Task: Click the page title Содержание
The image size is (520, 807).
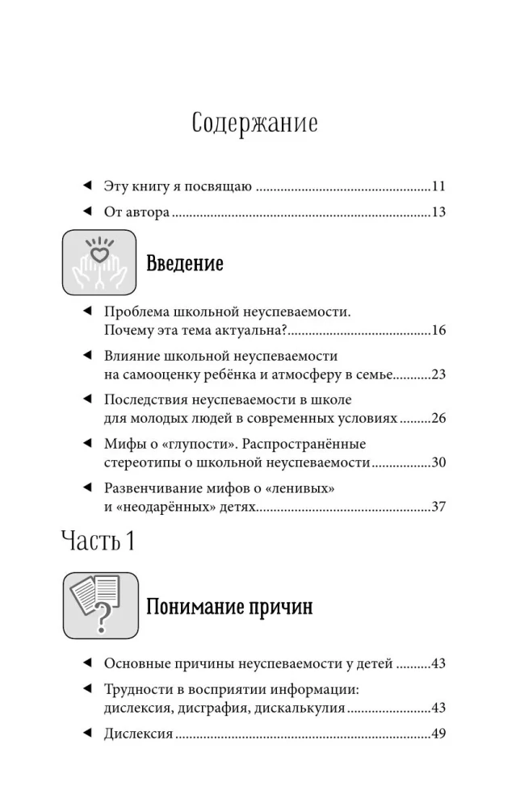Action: (x=255, y=123)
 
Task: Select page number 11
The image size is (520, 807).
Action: (x=438, y=186)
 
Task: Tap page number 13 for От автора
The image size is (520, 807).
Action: (x=438, y=212)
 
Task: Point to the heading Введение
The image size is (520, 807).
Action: (x=184, y=264)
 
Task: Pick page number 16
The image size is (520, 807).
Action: (x=438, y=330)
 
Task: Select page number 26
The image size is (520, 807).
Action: (x=438, y=418)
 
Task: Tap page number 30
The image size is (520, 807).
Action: (x=438, y=462)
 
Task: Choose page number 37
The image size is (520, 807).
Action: (x=438, y=507)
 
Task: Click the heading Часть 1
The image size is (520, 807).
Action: (x=98, y=541)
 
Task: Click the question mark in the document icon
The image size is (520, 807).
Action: (x=103, y=619)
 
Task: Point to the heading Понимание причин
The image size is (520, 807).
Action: (x=229, y=608)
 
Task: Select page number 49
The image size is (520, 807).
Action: (x=438, y=734)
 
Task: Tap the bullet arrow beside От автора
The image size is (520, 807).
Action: (x=87, y=211)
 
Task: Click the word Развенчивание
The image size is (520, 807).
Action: (x=151, y=487)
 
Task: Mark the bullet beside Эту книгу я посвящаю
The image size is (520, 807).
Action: (x=87, y=186)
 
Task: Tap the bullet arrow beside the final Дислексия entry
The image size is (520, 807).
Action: (x=87, y=734)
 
